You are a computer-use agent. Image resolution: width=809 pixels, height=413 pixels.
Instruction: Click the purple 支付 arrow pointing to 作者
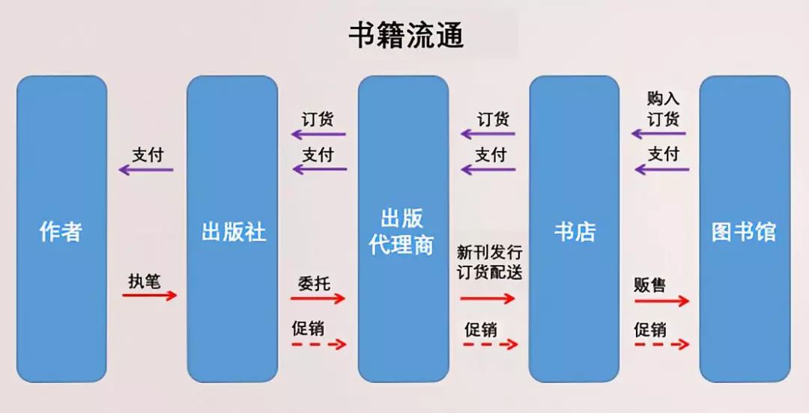click(146, 170)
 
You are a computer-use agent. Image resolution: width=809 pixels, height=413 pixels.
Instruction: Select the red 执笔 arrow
click(150, 296)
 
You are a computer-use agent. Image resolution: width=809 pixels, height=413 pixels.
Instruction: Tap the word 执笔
click(144, 281)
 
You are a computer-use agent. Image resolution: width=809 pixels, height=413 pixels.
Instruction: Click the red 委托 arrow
click(319, 298)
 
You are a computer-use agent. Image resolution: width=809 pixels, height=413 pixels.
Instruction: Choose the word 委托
click(313, 284)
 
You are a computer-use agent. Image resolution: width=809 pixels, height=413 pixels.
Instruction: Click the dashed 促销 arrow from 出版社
click(319, 344)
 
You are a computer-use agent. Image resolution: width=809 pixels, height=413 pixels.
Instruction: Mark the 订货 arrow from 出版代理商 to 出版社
click(319, 135)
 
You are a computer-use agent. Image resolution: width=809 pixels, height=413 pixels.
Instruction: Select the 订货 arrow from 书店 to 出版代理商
click(488, 135)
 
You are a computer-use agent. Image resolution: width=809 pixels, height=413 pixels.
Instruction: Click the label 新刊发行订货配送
click(490, 262)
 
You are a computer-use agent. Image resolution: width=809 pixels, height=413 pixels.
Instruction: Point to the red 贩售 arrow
click(661, 301)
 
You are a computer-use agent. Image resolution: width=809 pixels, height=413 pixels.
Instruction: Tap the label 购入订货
click(663, 109)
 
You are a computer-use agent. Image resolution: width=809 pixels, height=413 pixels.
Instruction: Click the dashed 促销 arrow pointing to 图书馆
click(661, 344)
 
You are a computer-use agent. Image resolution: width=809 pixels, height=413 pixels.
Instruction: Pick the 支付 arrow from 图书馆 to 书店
click(661, 170)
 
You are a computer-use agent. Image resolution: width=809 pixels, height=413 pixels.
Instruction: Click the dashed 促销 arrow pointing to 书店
click(490, 344)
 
